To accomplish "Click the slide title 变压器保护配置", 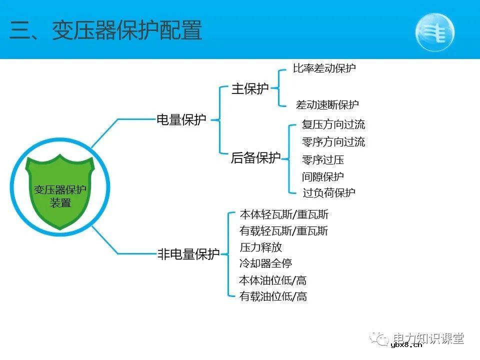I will pyautogui.click(x=106, y=31).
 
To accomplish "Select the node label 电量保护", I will pyautogui.click(x=181, y=119).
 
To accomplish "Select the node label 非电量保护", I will pyautogui.click(x=188, y=254).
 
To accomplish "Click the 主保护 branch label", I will pyautogui.click(x=250, y=89).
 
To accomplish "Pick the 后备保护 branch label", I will pyautogui.click(x=255, y=158).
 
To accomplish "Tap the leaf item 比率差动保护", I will pyautogui.click(x=324, y=68).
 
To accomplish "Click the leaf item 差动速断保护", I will pyautogui.click(x=327, y=105).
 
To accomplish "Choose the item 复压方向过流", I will pyautogui.click(x=333, y=124).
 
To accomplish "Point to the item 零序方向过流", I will pyautogui.click(x=333, y=142).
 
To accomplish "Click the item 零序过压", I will pyautogui.click(x=323, y=160).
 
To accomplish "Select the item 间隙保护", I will pyautogui.click(x=323, y=176).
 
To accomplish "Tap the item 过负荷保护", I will pyautogui.click(x=328, y=192).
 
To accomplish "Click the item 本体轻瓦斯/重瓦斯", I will pyautogui.click(x=284, y=214).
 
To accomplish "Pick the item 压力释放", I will pyautogui.click(x=261, y=247).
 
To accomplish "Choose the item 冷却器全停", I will pyautogui.click(x=266, y=263).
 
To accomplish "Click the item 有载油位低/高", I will pyautogui.click(x=273, y=296).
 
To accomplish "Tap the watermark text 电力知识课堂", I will pyautogui.click(x=428, y=338).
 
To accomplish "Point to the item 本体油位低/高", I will pyautogui.click(x=273, y=280).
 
